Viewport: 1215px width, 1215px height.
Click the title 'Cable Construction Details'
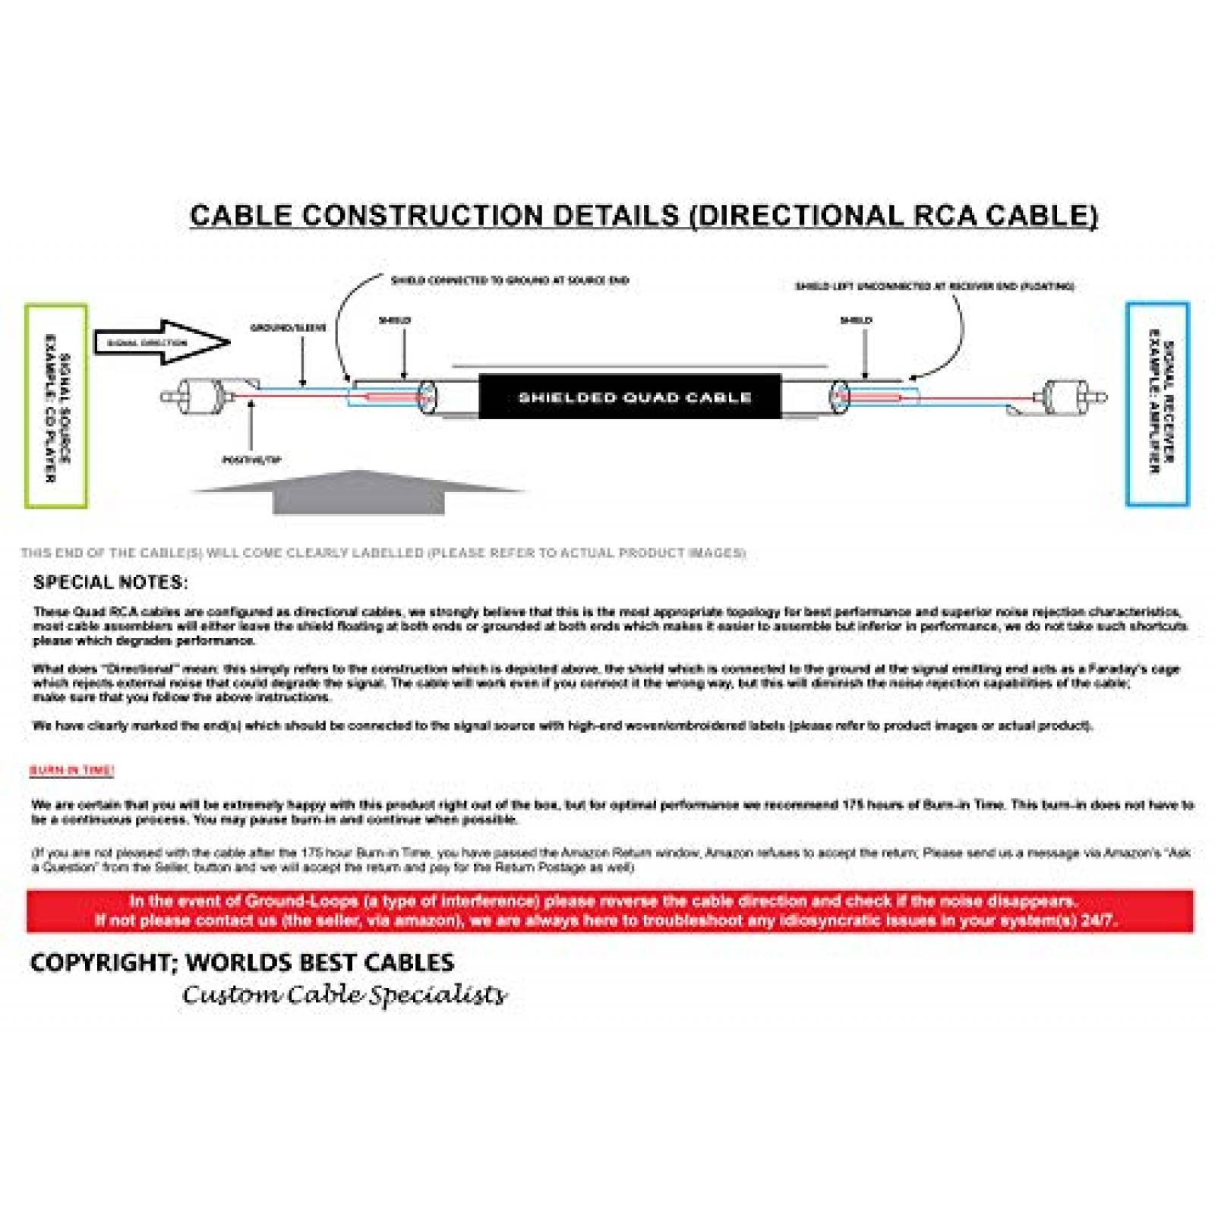tap(643, 216)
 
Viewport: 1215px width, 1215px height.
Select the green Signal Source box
tap(56, 406)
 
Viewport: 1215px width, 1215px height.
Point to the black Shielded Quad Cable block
tap(630, 396)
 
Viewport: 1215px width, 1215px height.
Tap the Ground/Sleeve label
tap(289, 328)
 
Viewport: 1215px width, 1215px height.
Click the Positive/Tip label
tap(251, 459)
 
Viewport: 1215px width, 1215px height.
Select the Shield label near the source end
tap(395, 320)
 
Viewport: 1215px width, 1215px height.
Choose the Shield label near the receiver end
tap(856, 320)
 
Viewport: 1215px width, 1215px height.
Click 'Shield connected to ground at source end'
tap(510, 280)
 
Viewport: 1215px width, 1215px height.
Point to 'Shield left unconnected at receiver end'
tap(934, 286)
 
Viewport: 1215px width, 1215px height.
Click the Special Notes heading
tap(110, 582)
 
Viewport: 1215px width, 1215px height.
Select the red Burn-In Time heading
tap(71, 770)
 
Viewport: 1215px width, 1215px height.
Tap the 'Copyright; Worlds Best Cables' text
tap(241, 962)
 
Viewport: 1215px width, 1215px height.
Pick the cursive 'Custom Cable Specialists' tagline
tap(343, 994)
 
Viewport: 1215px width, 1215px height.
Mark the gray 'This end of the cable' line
tap(383, 553)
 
